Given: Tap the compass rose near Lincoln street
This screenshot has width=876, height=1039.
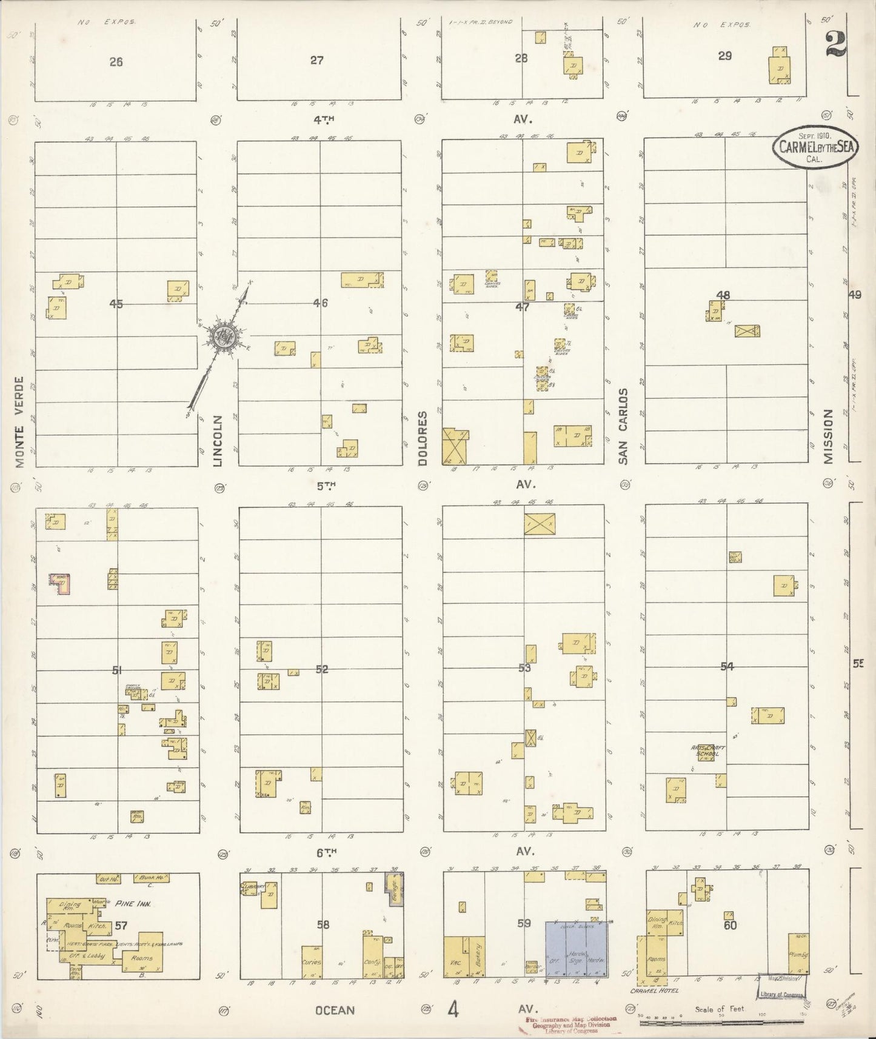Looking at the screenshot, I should tap(223, 337).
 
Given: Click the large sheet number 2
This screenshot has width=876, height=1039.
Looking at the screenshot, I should tap(835, 42).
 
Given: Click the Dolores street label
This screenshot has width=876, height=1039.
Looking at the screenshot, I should tap(423, 438).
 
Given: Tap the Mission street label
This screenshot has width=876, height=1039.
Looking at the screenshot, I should tap(828, 436).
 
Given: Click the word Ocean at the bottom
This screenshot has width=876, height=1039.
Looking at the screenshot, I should tap(335, 1010).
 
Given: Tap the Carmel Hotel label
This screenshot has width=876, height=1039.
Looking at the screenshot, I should tap(655, 991).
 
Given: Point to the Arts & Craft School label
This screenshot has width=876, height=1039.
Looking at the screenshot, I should tap(708, 750).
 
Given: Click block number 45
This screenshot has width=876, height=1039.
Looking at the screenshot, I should tap(116, 304).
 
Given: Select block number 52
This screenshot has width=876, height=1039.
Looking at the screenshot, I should tap(322, 669).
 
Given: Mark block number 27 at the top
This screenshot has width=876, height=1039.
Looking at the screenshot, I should tap(317, 60).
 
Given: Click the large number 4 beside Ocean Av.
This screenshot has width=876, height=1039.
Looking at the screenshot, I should tap(453, 1010).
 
